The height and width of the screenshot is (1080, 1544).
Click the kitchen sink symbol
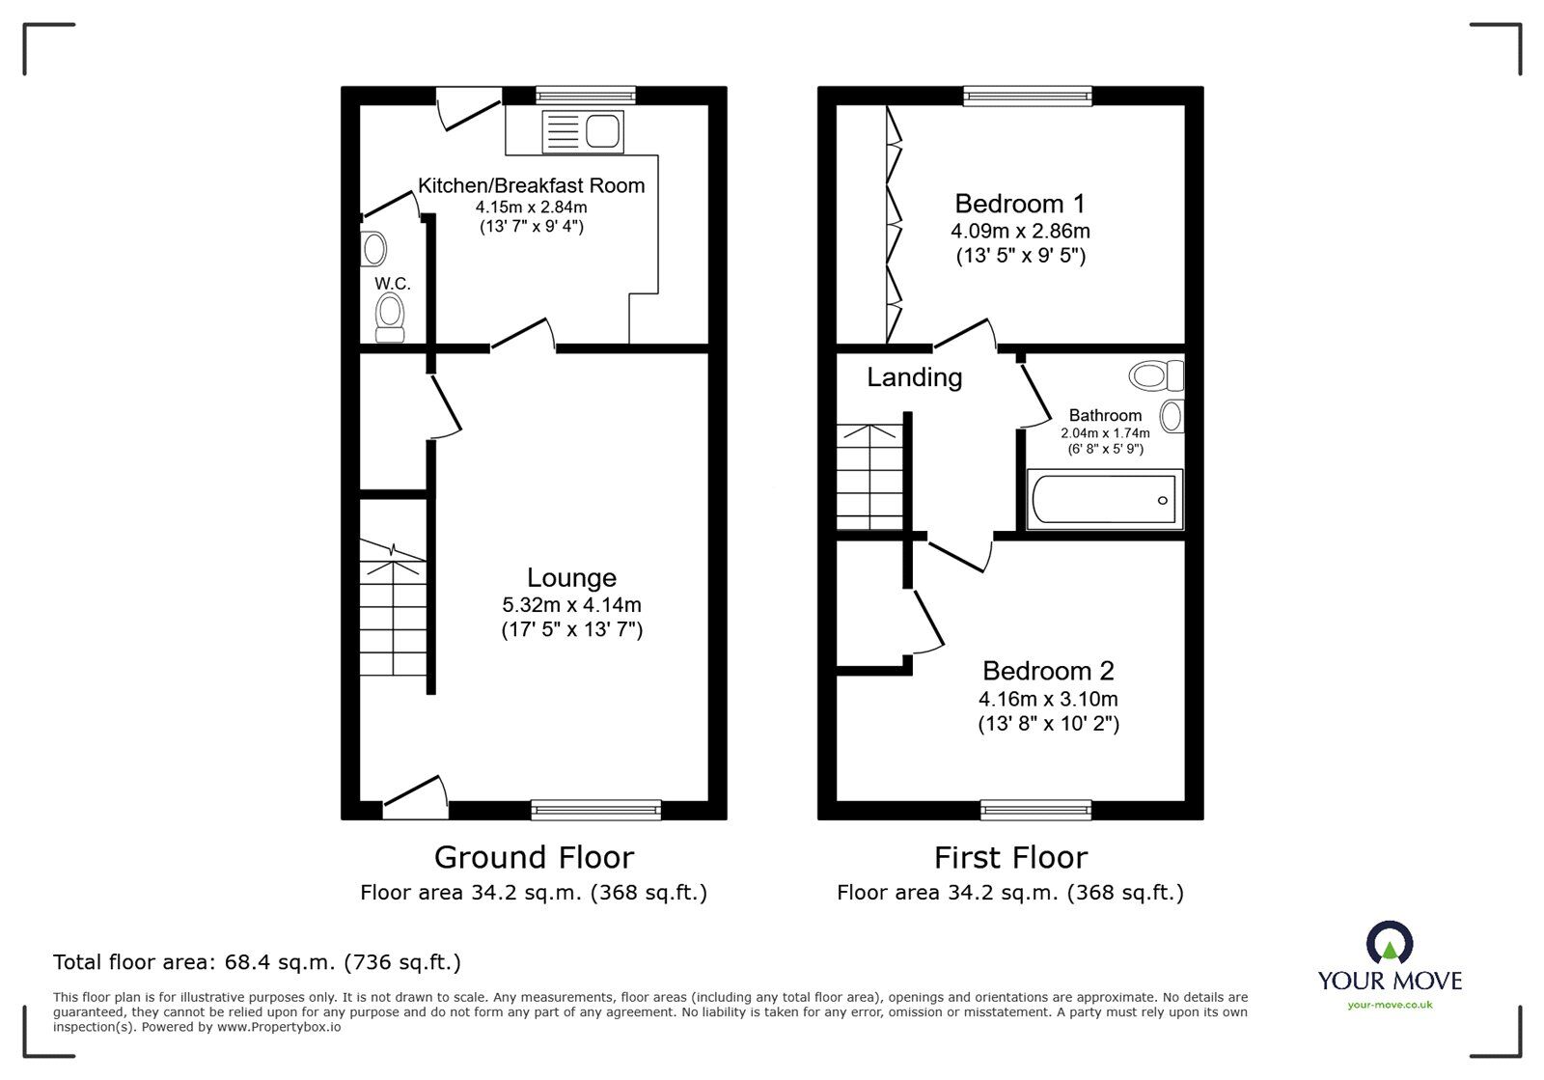click(583, 130)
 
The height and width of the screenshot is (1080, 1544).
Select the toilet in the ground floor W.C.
click(390, 318)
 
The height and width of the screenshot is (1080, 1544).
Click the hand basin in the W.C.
click(374, 249)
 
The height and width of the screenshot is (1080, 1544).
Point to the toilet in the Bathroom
click(1155, 374)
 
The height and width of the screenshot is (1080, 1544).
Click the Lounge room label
click(571, 578)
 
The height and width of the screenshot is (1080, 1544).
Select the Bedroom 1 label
click(1019, 204)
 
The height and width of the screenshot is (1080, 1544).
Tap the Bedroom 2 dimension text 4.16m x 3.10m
click(1048, 699)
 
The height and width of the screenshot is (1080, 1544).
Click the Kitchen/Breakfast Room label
click(531, 185)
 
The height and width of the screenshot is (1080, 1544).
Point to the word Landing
click(914, 377)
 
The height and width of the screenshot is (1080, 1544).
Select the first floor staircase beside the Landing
click(869, 478)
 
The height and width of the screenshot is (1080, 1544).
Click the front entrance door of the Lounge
click(415, 797)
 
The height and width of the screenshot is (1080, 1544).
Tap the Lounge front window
click(596, 810)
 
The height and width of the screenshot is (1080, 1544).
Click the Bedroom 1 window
click(1028, 95)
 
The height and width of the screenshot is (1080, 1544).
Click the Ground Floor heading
click(534, 857)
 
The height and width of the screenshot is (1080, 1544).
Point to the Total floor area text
click(257, 962)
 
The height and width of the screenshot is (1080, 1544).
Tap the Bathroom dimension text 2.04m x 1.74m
click(1105, 433)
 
